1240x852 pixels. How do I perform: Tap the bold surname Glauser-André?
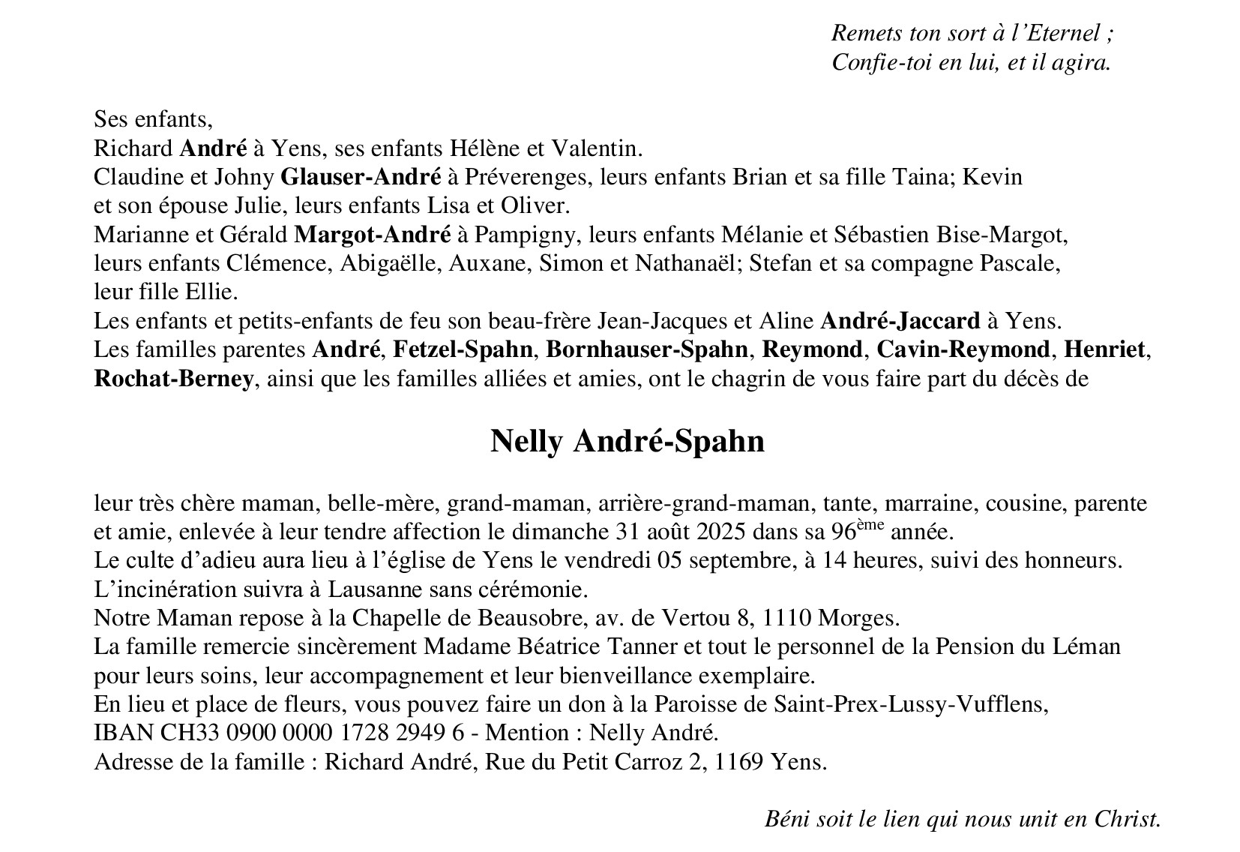tap(360, 177)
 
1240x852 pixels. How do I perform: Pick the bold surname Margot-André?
tap(372, 235)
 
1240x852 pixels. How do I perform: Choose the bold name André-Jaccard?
tap(900, 321)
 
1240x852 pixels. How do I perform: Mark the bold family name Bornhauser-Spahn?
tap(646, 350)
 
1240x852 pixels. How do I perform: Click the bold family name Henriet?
tap(1104, 350)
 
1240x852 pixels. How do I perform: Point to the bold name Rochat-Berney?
tap(173, 379)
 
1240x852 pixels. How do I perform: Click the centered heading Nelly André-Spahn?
tap(627, 441)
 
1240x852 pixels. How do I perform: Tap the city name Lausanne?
tap(349, 589)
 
